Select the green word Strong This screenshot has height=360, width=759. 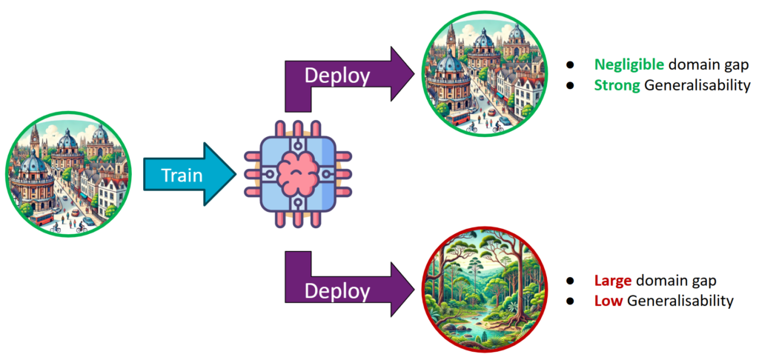point(617,84)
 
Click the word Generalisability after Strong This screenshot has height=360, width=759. point(697,84)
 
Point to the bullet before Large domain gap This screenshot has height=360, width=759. point(571,281)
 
